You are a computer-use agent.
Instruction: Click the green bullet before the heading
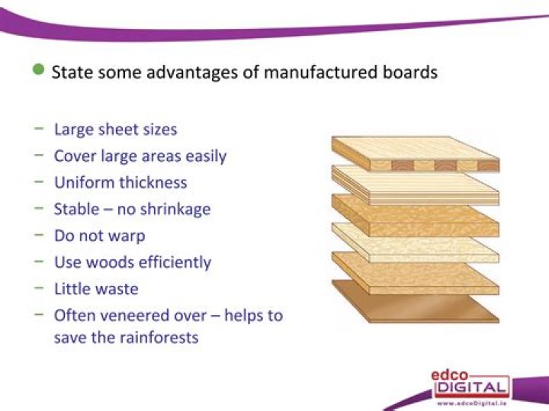pos(39,71)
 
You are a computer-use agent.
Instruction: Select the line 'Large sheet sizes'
pos(115,129)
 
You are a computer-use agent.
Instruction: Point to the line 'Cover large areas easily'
pos(140,156)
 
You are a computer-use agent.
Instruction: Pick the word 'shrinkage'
pos(172,209)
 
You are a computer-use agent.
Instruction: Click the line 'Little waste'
pos(95,289)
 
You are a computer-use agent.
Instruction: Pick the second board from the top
pos(416,183)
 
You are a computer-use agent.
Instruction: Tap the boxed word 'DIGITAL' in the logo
pos(470,388)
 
